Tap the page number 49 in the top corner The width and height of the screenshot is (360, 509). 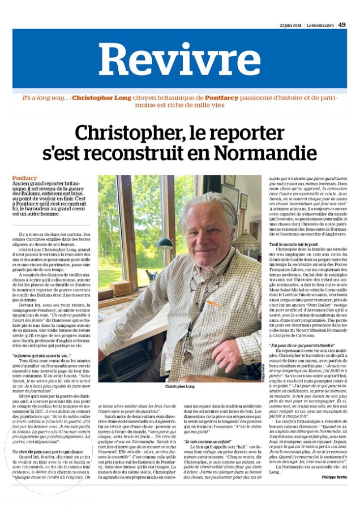(x=342, y=24)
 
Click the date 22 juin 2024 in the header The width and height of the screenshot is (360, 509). (x=292, y=25)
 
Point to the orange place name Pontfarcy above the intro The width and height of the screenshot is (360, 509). (x=25, y=178)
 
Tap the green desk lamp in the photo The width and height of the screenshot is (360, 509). (x=165, y=244)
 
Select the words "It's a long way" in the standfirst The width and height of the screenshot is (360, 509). (x=44, y=98)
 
